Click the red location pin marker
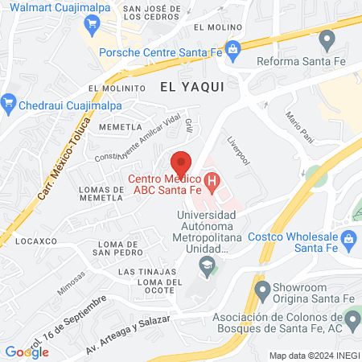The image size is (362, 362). (x=181, y=161)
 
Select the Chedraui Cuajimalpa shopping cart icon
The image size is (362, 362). (x=10, y=101)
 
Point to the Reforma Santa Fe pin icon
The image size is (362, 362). (x=327, y=39)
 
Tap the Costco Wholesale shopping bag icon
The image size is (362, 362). (x=348, y=239)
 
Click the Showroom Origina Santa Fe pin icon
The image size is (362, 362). (x=261, y=289)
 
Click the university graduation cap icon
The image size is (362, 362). (x=208, y=266)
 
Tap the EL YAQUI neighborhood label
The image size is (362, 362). (x=191, y=84)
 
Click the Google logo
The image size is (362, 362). (x=27, y=352)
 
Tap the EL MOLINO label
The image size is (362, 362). (x=212, y=27)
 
